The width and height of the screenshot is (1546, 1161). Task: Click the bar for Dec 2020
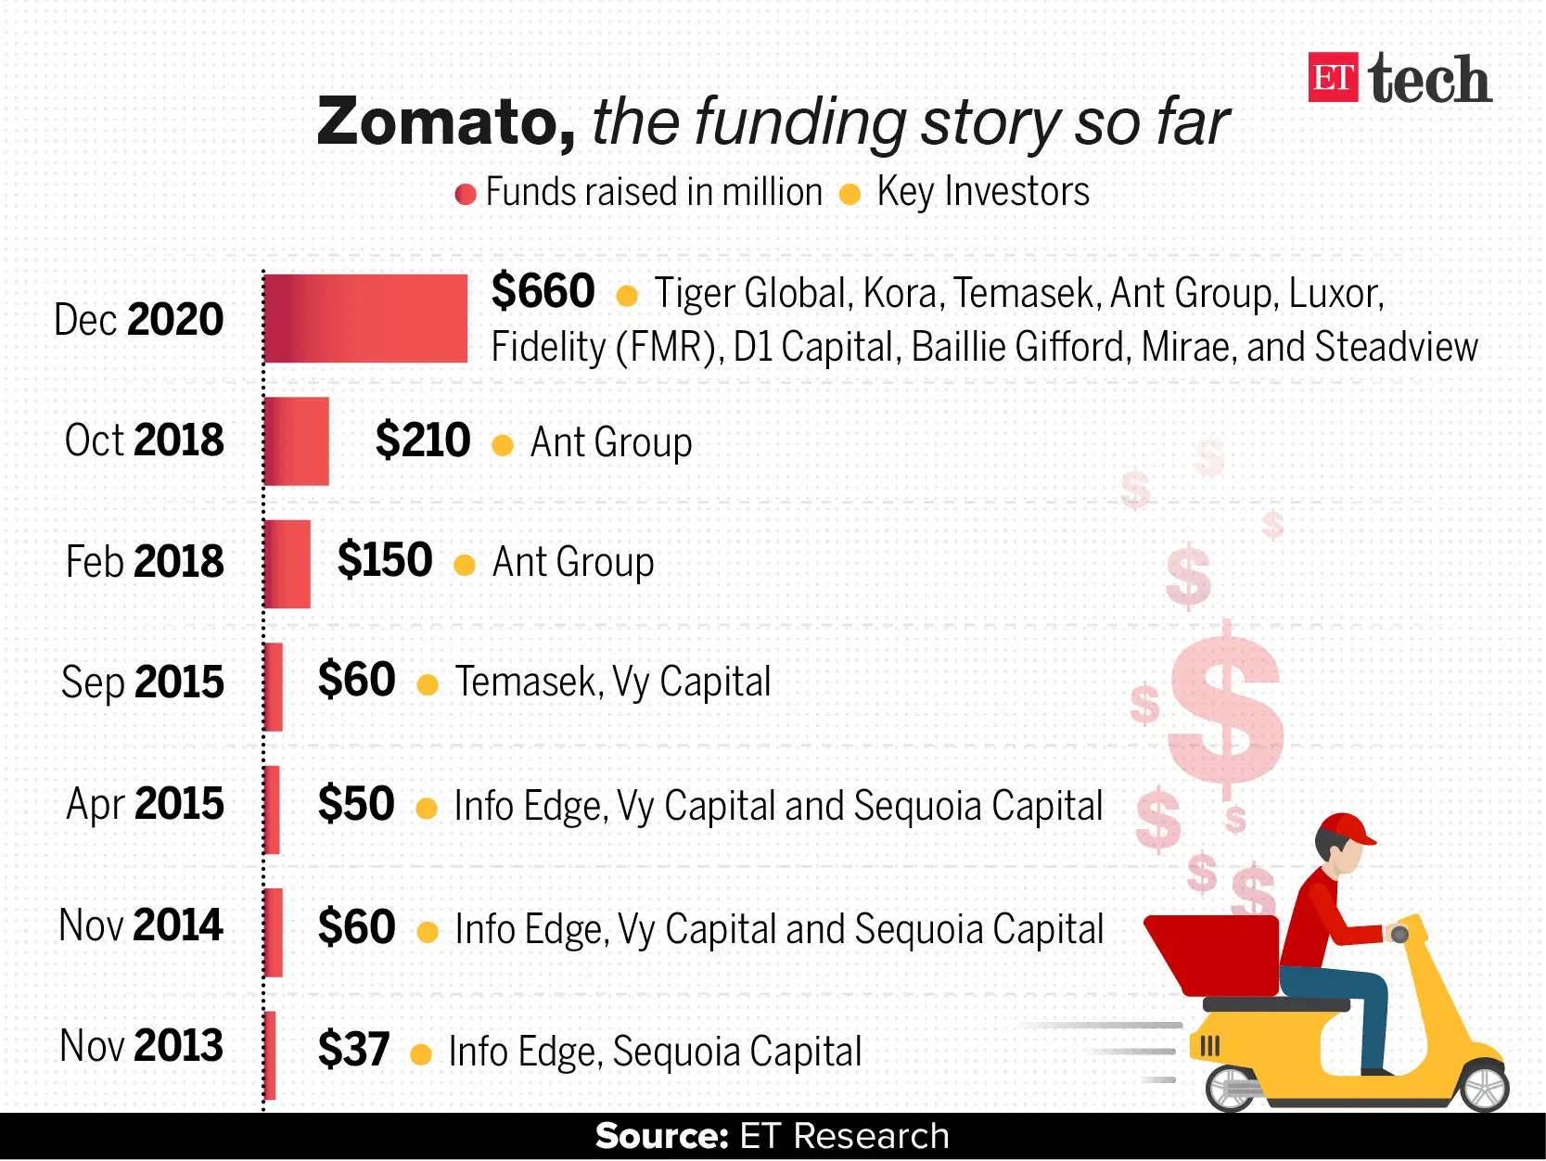(x=365, y=318)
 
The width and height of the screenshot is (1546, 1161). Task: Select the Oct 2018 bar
(x=297, y=441)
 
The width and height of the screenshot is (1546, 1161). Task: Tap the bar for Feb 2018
(x=287, y=563)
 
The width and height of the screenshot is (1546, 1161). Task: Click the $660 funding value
(x=543, y=291)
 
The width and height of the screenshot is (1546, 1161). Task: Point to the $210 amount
(x=423, y=440)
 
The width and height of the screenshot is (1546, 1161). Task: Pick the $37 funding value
(x=353, y=1050)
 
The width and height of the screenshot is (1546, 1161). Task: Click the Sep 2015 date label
(x=143, y=683)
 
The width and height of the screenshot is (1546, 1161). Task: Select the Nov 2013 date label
(x=141, y=1046)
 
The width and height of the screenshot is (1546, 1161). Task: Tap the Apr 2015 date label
(x=145, y=804)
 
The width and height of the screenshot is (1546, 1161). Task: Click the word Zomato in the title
(x=446, y=122)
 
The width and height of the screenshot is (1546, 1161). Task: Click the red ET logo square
(x=1333, y=78)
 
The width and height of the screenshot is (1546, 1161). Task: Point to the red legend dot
(x=466, y=195)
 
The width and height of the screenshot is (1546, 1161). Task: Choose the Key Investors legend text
(x=982, y=192)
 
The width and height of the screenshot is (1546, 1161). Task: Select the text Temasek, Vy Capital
(x=612, y=683)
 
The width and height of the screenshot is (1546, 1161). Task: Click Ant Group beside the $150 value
(x=573, y=562)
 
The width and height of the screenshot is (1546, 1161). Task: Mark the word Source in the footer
(x=661, y=1136)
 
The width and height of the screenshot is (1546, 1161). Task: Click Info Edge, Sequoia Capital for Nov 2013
(x=655, y=1052)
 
